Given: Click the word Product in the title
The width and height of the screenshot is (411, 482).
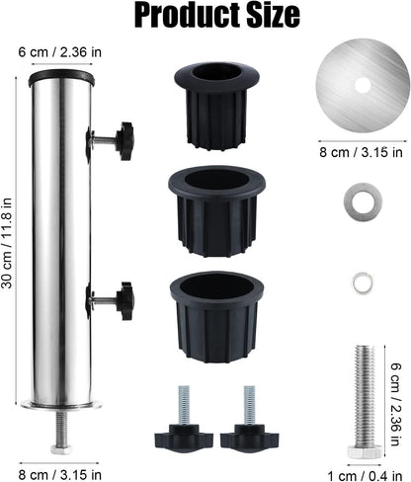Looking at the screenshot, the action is tap(188, 16).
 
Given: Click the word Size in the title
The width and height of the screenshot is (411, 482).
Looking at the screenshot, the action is tap(274, 15).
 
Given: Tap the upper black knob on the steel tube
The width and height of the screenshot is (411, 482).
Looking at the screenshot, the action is tap(124, 141).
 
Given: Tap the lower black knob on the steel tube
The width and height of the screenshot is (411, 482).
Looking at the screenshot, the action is tap(125, 301).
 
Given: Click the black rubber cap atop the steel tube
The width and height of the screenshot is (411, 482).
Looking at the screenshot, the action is tap(61, 78).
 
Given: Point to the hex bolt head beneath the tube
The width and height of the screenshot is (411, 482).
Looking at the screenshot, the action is tap(61, 449).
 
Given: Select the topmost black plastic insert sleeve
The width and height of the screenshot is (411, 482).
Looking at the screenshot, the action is tap(216, 106).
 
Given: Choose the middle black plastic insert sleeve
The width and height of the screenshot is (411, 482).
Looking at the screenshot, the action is tap(217, 211).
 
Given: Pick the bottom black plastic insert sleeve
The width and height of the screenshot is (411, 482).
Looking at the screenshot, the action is tap(216, 317).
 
